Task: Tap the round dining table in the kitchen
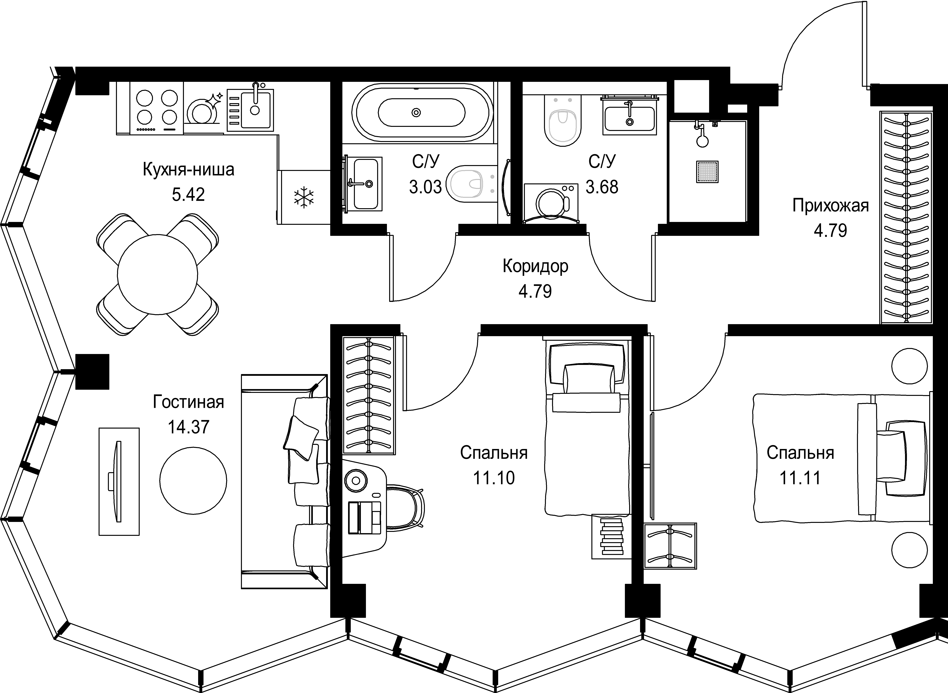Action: [x=157, y=275]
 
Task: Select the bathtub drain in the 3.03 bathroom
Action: [x=416, y=112]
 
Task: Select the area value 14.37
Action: [x=188, y=427]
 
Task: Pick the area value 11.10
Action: [x=494, y=478]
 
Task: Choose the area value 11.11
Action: [x=800, y=478]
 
